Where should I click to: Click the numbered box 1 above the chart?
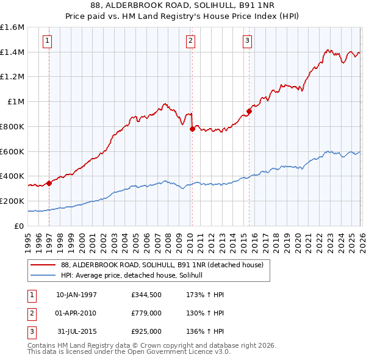point(48,41)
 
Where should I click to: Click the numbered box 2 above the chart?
point(190,41)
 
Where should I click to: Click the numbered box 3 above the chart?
point(248,41)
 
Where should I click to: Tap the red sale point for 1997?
point(49,183)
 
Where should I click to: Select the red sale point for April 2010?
point(192,129)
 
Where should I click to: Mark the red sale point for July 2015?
point(249,111)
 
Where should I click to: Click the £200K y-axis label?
point(12,201)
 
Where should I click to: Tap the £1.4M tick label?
point(12,52)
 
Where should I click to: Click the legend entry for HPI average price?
point(135,276)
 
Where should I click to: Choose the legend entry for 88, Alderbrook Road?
point(162,265)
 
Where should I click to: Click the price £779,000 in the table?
point(146,313)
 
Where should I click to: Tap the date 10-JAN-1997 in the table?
point(76,295)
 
